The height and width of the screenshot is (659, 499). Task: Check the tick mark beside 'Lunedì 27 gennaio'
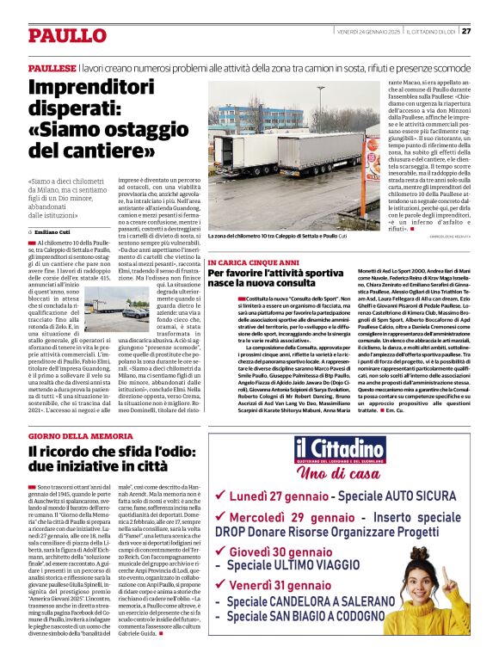coord(221,496)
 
